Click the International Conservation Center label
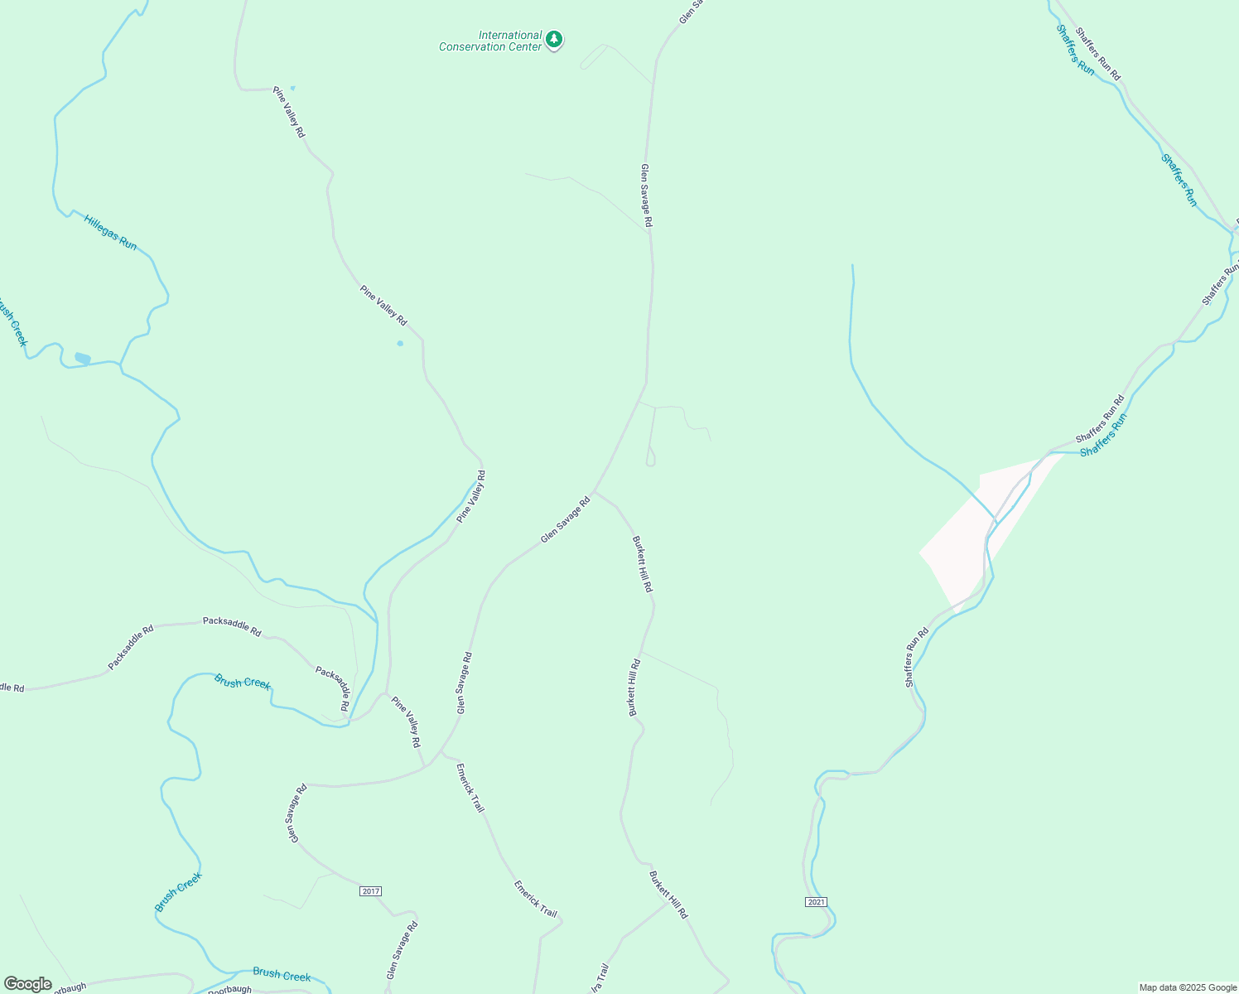pyautogui.click(x=490, y=41)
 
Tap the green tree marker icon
pyautogui.click(x=554, y=39)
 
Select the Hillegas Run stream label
pyautogui.click(x=110, y=232)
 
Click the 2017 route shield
pyautogui.click(x=370, y=891)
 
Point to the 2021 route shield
pyautogui.click(x=816, y=901)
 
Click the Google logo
pyautogui.click(x=27, y=984)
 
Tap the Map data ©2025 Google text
pyautogui.click(x=1188, y=987)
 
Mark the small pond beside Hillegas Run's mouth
pyautogui.click(x=82, y=358)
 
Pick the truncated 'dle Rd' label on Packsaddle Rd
pyautogui.click(x=12, y=688)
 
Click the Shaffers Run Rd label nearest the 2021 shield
pyautogui.click(x=917, y=657)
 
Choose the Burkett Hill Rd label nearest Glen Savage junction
pyautogui.click(x=643, y=563)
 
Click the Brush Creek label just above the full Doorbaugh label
pyautogui.click(x=282, y=975)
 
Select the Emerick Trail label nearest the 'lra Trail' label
pyautogui.click(x=535, y=898)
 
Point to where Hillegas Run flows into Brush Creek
pyautogui.click(x=120, y=364)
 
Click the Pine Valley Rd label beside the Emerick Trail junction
pyautogui.click(x=406, y=722)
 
